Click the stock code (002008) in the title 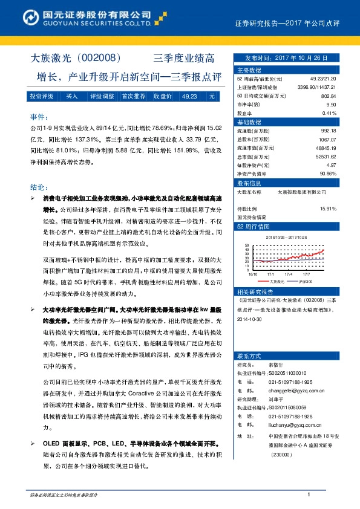[102, 59]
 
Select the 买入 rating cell [72, 96]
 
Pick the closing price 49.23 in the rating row [189, 96]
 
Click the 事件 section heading [39, 116]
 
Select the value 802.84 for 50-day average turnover [328, 96]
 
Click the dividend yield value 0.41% [329, 112]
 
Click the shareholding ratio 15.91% [328, 208]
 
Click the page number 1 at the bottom [309, 495]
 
